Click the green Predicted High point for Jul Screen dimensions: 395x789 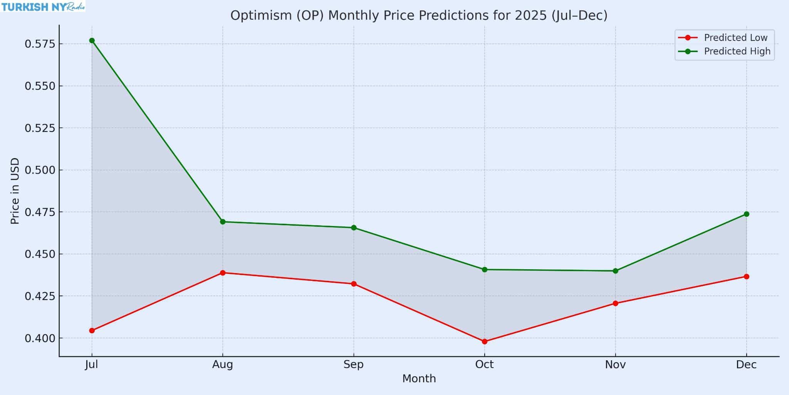click(x=92, y=41)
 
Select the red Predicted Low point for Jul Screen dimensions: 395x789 click(x=92, y=331)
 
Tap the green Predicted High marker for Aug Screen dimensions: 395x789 click(x=223, y=222)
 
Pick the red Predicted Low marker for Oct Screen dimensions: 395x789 click(x=485, y=341)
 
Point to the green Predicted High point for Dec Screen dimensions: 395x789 click(x=746, y=214)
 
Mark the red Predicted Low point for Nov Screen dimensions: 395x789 click(x=615, y=303)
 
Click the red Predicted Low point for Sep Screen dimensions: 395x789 click(x=354, y=284)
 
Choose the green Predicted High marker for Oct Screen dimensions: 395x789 click(x=485, y=270)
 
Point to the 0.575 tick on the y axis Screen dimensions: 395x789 click(x=40, y=44)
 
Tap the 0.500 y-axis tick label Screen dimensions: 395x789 click(x=40, y=170)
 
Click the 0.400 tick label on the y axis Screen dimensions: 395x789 click(x=40, y=339)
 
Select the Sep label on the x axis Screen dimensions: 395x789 click(x=354, y=365)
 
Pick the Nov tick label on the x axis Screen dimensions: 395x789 click(x=615, y=365)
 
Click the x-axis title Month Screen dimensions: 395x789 click(x=419, y=379)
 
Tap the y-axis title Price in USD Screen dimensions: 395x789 click(x=15, y=191)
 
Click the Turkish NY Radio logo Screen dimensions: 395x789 click(x=43, y=6)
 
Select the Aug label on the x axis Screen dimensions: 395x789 click(x=223, y=365)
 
